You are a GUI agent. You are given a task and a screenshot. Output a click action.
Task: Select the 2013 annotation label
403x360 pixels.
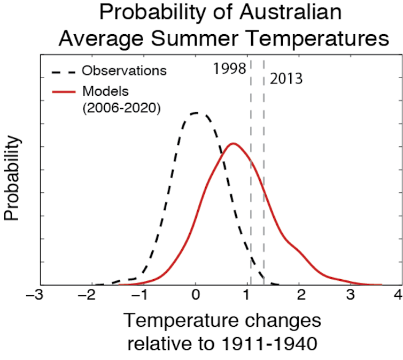pos(286,79)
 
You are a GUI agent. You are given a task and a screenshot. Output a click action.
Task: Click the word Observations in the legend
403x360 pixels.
pos(125,71)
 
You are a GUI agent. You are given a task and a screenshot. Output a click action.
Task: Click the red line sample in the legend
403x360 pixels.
pos(64,91)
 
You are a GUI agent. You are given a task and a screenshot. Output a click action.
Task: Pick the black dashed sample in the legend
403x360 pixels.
pos(64,71)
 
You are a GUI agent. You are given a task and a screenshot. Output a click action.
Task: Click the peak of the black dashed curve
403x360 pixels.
pos(196,113)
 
